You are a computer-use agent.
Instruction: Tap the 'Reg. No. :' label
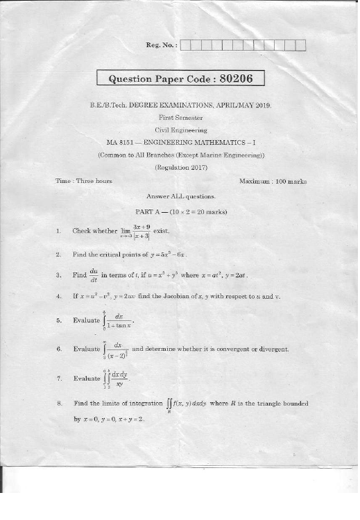[161, 46]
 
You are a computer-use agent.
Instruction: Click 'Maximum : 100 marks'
[272, 181]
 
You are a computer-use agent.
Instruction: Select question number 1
[59, 231]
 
